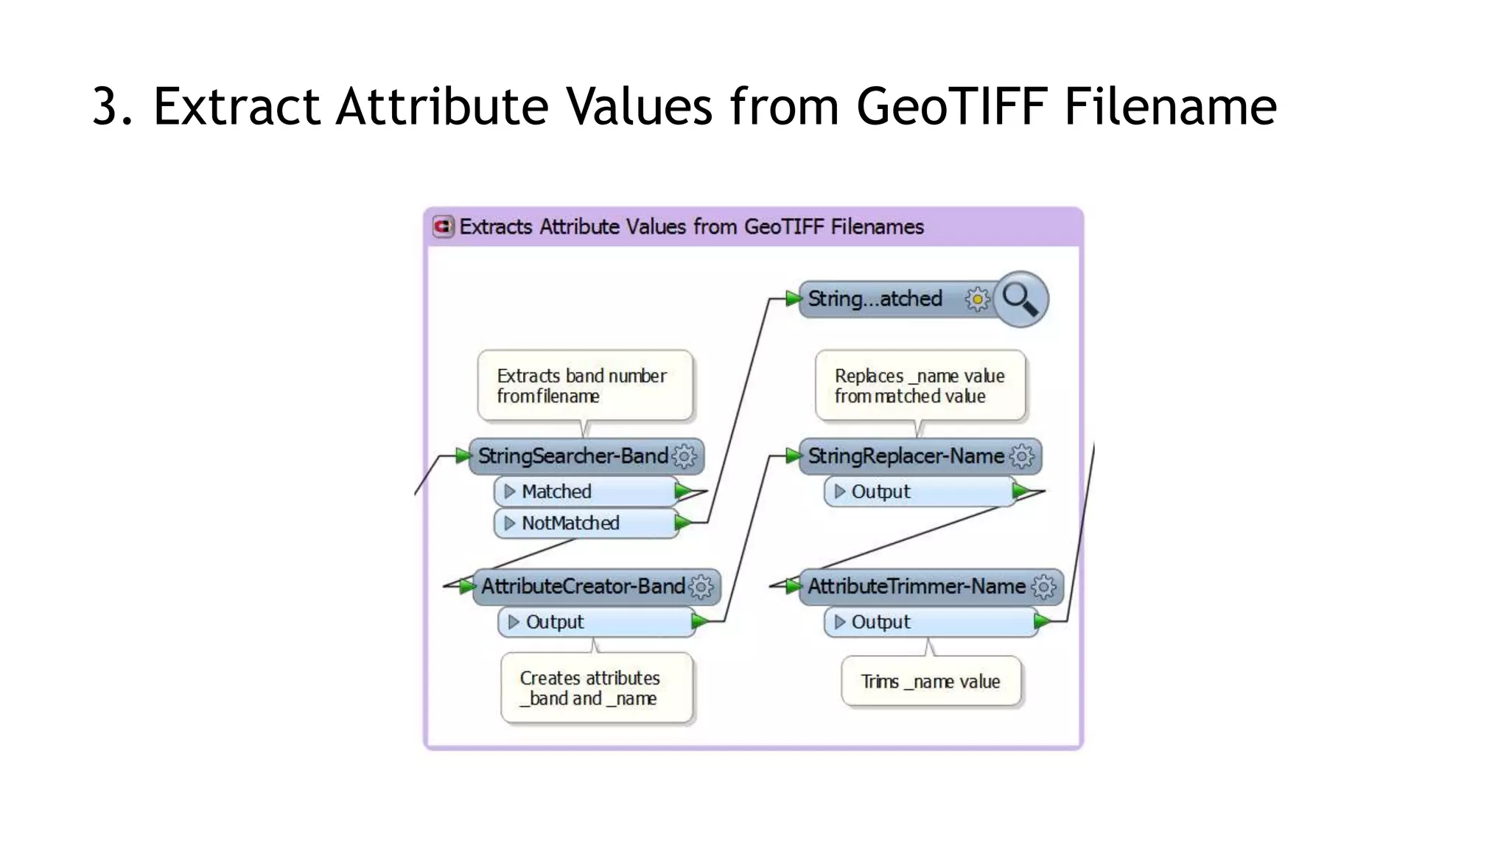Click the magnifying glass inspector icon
[x=1020, y=298]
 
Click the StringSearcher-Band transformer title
[x=573, y=456]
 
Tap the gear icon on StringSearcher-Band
[x=685, y=457]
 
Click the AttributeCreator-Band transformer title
[x=582, y=587]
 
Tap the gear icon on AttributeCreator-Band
[x=701, y=587]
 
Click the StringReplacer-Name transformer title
[x=906, y=456]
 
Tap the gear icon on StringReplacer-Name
[x=1022, y=457]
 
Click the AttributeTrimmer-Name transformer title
[x=916, y=587]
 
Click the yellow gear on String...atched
[x=978, y=299]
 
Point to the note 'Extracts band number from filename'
[x=585, y=386]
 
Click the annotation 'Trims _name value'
[x=931, y=682]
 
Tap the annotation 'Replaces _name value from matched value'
[x=920, y=386]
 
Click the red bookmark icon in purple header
[x=443, y=226]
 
